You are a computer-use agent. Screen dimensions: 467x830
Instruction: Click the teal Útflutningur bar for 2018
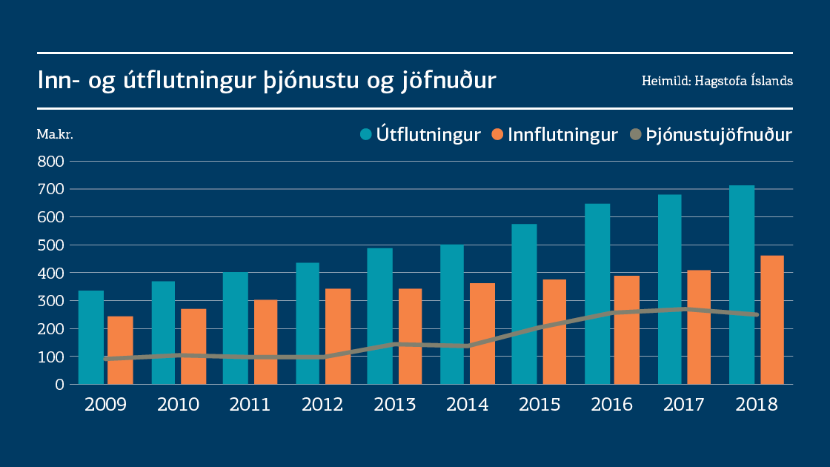click(742, 285)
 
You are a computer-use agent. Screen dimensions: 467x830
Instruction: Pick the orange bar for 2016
click(627, 330)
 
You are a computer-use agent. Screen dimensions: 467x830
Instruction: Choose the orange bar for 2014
click(482, 334)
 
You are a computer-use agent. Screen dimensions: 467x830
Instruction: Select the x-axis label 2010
click(179, 405)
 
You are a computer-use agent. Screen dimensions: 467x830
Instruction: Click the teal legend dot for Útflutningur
click(365, 134)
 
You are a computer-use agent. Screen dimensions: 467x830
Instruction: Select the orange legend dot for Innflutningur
click(497, 134)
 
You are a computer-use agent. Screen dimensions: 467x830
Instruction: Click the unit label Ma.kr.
click(55, 134)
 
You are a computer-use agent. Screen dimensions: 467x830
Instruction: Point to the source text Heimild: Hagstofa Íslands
click(717, 81)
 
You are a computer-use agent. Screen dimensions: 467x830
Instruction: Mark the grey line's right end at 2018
click(756, 314)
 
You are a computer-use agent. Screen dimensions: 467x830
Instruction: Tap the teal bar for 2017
click(670, 289)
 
